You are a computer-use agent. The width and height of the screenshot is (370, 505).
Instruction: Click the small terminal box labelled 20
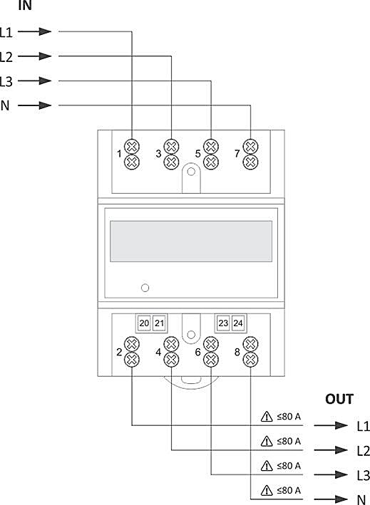coord(144,323)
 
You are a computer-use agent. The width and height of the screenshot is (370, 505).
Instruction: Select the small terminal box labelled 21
coord(159,323)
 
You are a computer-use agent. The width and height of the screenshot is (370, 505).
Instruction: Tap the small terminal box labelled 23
coord(223,323)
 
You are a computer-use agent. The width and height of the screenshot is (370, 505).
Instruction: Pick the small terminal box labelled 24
coord(238,323)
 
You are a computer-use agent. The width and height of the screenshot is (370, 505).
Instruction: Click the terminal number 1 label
coord(119,154)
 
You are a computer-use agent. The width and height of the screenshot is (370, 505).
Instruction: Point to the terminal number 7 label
coord(237,154)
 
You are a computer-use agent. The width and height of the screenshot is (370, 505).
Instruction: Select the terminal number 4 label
coord(158,353)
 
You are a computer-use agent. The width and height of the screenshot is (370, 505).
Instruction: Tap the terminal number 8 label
coord(237,353)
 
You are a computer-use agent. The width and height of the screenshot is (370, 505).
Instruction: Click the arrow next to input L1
coord(35,31)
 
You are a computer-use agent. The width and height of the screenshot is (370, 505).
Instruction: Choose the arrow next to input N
coord(35,105)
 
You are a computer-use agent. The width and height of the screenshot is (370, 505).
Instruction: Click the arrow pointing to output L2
coord(331,450)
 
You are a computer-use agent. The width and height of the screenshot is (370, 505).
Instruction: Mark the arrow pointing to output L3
coord(331,474)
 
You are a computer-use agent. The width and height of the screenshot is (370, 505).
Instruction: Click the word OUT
coord(339,400)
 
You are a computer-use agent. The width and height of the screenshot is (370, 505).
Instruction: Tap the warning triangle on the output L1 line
coord(267,417)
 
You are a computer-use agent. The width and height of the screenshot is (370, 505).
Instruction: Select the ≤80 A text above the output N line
coord(289,491)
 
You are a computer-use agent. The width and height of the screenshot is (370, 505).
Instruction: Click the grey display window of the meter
coord(191,241)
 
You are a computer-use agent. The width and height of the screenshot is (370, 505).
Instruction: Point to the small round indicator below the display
coord(145,288)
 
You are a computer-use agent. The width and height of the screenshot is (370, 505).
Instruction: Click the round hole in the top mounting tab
coord(191,172)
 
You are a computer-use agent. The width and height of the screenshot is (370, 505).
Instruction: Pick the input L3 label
coord(6,81)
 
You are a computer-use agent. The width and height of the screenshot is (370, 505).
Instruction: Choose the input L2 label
coord(6,57)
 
